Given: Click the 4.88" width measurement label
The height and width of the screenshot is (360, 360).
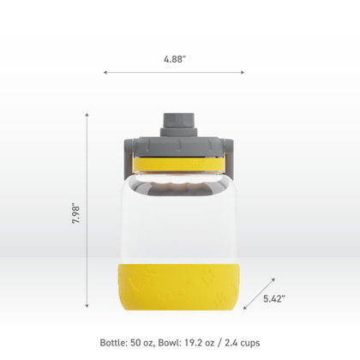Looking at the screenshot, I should pos(175,60).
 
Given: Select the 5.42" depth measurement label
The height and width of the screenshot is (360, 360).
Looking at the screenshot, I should pos(273,299).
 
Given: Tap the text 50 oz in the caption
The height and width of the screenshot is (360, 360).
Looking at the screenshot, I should pos(148,342).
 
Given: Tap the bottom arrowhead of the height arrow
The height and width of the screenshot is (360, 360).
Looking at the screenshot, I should pos(87,306).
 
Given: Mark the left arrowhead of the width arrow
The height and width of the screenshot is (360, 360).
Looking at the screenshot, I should pos(105,73).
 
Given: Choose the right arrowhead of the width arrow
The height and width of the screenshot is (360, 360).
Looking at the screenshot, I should pos(243,73).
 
